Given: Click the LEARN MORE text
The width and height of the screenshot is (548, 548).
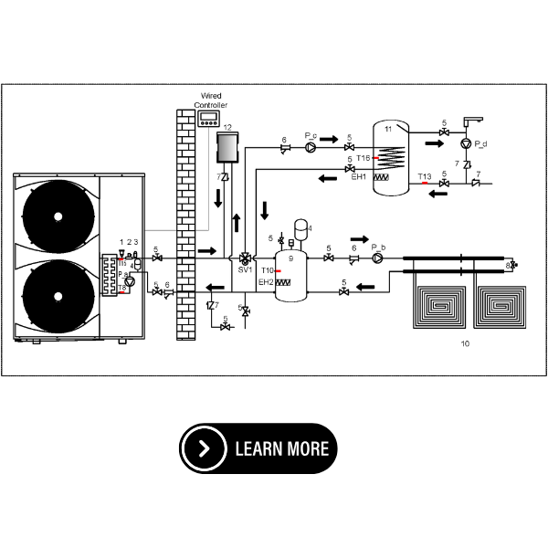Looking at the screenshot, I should pos(281,448).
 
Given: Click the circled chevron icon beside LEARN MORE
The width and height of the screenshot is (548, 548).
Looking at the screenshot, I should pos(204,448).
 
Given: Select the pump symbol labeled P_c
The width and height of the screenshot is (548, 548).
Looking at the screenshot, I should pos(311,146).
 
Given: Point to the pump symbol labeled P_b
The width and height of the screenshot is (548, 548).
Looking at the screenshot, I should pos(377,258).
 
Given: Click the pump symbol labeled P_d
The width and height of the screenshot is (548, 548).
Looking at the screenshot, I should pos(468,144).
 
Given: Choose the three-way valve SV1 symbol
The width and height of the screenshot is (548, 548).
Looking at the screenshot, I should pos(245,258).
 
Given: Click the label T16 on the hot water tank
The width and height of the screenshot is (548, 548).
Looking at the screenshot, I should pos(363,158).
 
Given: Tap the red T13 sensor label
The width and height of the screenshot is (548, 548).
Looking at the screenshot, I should pos(424,176).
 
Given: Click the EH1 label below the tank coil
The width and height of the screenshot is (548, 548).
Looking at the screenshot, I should pos(359,177).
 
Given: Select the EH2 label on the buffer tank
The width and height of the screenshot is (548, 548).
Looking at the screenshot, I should pos(266,282).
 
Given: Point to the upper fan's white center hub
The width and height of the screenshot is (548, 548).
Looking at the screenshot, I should pos(58,216).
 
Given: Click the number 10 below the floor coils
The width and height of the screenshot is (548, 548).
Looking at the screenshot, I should pos(467,344).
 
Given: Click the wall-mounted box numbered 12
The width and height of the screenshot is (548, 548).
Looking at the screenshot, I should pos(227,146).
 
